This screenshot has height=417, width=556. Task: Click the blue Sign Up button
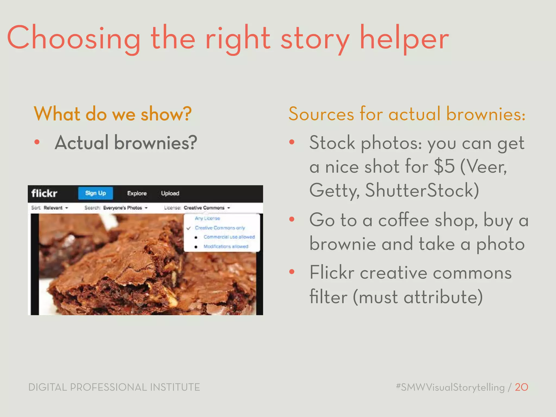click(x=95, y=193)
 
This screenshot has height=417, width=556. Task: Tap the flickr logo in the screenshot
click(x=44, y=193)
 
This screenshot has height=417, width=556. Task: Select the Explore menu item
click(x=137, y=193)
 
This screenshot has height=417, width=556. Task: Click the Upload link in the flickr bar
click(x=170, y=193)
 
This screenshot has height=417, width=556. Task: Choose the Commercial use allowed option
click(x=229, y=237)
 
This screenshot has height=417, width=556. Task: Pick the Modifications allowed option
click(x=226, y=247)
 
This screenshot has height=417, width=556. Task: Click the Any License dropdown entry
click(x=207, y=218)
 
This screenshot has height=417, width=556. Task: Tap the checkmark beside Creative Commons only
click(x=188, y=228)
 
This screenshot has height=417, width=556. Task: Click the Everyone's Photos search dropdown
click(x=125, y=208)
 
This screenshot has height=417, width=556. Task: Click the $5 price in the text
click(x=444, y=166)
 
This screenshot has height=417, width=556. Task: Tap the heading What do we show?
click(x=112, y=114)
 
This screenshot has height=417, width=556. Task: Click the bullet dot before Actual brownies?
click(x=37, y=142)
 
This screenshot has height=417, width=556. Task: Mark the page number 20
click(x=521, y=387)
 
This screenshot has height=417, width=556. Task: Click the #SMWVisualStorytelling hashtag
click(x=450, y=387)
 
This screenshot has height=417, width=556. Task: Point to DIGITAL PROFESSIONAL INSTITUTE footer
click(x=114, y=387)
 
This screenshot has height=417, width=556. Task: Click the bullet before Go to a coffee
click(x=292, y=219)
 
